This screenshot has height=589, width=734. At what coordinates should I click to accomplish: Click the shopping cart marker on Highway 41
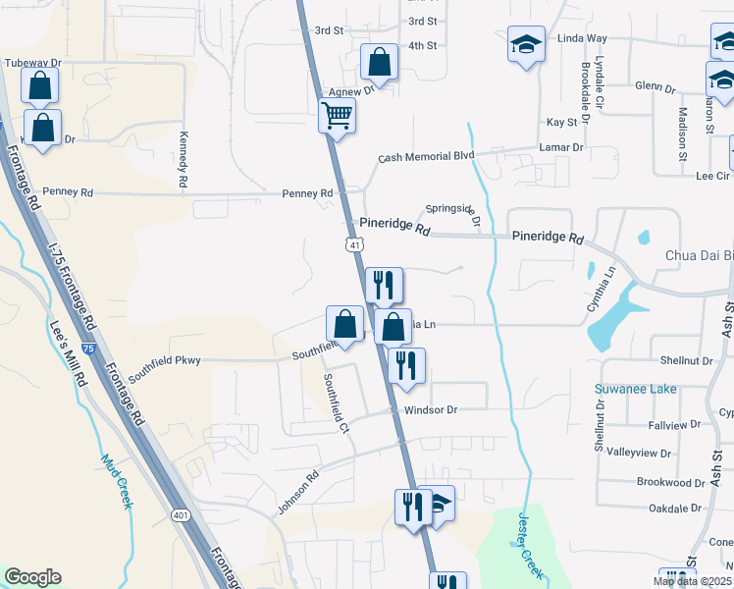(x=337, y=117)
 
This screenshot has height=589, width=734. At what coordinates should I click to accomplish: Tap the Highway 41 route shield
(x=351, y=242)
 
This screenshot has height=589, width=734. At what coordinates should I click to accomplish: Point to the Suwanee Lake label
(x=635, y=390)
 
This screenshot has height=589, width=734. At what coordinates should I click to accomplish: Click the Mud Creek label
(x=116, y=481)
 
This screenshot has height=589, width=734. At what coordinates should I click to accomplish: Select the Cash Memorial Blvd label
(x=426, y=157)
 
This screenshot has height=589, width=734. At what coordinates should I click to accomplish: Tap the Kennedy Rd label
(x=183, y=162)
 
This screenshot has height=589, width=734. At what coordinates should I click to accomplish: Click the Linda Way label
(x=582, y=38)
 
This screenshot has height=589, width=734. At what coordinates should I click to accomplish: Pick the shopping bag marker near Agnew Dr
(x=379, y=64)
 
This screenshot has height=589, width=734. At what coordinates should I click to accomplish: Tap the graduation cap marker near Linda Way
(x=526, y=45)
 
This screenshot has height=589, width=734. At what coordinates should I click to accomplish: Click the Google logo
(x=32, y=577)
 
